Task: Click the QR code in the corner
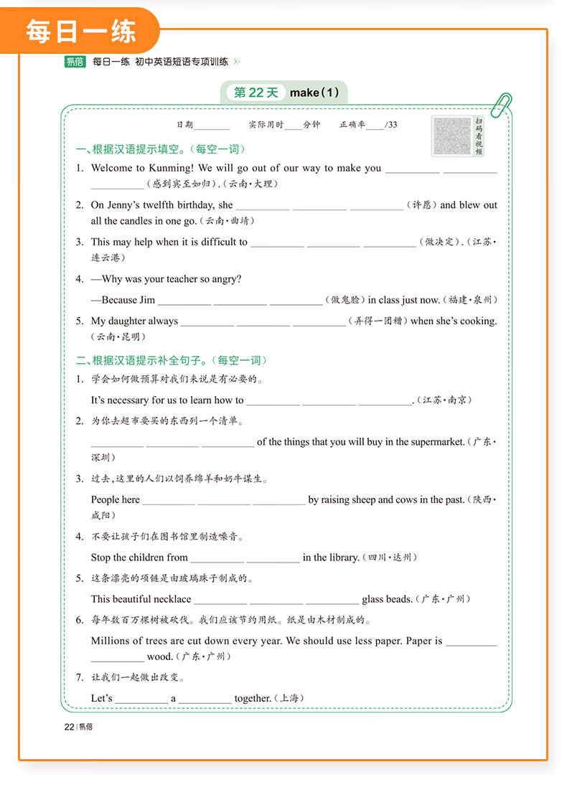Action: point(451,135)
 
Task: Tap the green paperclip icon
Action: point(501,105)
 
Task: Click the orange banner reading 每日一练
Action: point(80,32)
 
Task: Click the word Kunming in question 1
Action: point(172,168)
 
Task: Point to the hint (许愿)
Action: point(421,205)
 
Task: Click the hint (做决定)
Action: point(439,243)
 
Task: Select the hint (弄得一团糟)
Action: point(378,321)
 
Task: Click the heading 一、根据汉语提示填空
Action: point(161,149)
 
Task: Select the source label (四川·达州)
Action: point(390,558)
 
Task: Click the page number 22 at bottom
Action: point(69,727)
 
